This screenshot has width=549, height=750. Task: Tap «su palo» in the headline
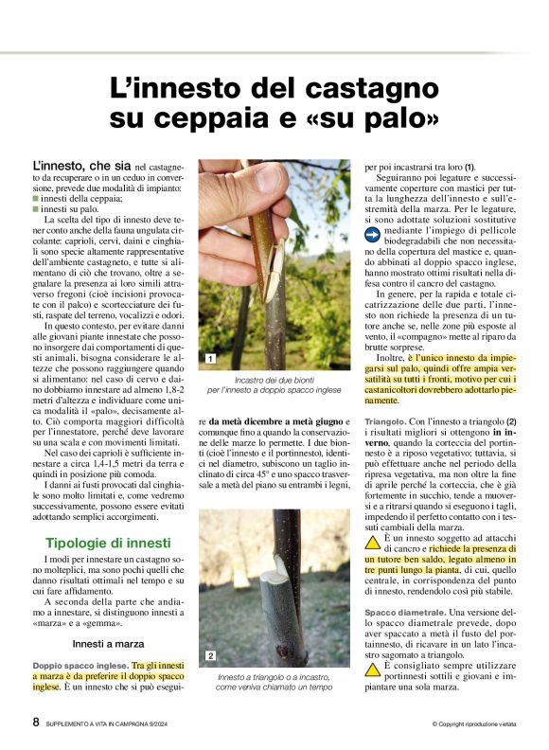point(380,119)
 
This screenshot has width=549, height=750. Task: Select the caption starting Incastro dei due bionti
point(274,384)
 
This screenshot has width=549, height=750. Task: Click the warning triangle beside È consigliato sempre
point(372,669)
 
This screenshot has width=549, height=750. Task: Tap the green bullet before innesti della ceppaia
point(35,197)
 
